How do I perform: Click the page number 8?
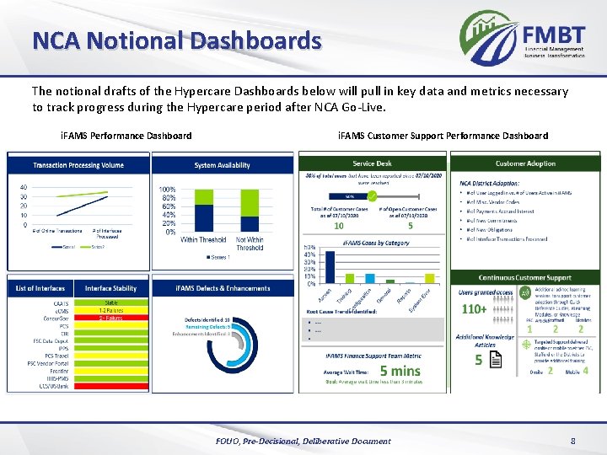coord(572,441)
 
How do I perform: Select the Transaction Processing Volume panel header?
coord(78,165)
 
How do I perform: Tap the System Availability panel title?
coord(222,165)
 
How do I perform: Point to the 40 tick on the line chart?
coord(23,187)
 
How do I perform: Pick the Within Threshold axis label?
coord(202,240)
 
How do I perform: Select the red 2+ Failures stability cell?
coord(111,318)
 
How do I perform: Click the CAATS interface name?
coord(61,302)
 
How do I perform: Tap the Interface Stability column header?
coord(110,288)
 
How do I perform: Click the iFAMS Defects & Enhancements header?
coord(223,288)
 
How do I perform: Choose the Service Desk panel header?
coord(372,163)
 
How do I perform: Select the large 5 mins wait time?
coord(400,370)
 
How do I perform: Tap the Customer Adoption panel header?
coord(525,163)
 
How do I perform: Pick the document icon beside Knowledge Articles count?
coord(496,360)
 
